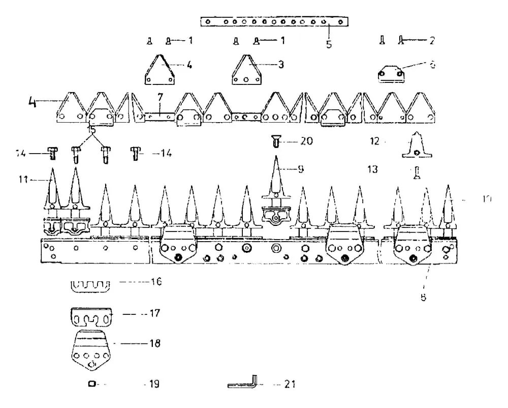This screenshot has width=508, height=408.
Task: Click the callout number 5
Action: (329, 44)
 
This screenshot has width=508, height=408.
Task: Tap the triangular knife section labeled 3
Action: (246, 70)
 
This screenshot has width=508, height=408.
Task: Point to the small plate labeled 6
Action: (391, 75)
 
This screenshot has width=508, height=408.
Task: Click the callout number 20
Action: (306, 141)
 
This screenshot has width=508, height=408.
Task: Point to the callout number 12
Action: (374, 141)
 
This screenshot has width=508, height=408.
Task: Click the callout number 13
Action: (372, 169)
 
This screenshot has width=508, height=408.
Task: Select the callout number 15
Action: (91, 130)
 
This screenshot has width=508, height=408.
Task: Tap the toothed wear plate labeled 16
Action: (89, 286)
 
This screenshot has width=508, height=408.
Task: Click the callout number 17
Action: (154, 313)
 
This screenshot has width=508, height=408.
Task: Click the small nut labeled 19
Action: (92, 384)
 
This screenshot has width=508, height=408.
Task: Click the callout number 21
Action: (290, 384)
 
